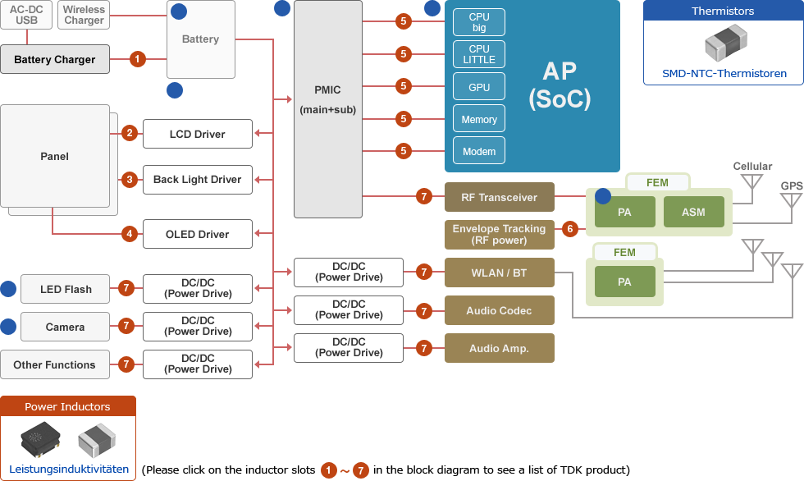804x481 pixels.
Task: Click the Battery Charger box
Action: pyautogui.click(x=55, y=59)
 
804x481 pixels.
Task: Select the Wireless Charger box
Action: pyautogui.click(x=84, y=15)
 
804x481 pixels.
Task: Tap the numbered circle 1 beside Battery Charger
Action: pyautogui.click(x=138, y=59)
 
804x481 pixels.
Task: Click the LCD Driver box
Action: pyautogui.click(x=197, y=134)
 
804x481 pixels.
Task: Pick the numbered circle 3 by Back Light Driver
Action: pyautogui.click(x=129, y=179)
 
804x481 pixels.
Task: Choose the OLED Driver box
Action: pyautogui.click(x=197, y=234)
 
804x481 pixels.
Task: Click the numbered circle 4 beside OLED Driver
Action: pyautogui.click(x=129, y=234)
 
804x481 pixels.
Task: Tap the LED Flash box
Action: pyautogui.click(x=66, y=289)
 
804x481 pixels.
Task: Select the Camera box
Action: pyautogui.click(x=65, y=327)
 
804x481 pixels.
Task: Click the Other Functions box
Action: pyautogui.click(x=54, y=364)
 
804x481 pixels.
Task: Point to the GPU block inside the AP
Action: pyautogui.click(x=479, y=87)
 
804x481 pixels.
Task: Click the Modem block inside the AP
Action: pyautogui.click(x=479, y=151)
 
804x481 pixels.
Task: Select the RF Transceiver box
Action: pyautogui.click(x=499, y=197)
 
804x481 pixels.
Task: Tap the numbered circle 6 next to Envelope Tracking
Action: pyautogui.click(x=570, y=229)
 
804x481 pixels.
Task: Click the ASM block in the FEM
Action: pyautogui.click(x=693, y=212)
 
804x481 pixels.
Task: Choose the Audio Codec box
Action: pyautogui.click(x=499, y=310)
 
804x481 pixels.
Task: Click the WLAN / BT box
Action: pyautogui.click(x=499, y=273)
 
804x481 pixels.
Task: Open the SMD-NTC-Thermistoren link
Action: pyautogui.click(x=724, y=73)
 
